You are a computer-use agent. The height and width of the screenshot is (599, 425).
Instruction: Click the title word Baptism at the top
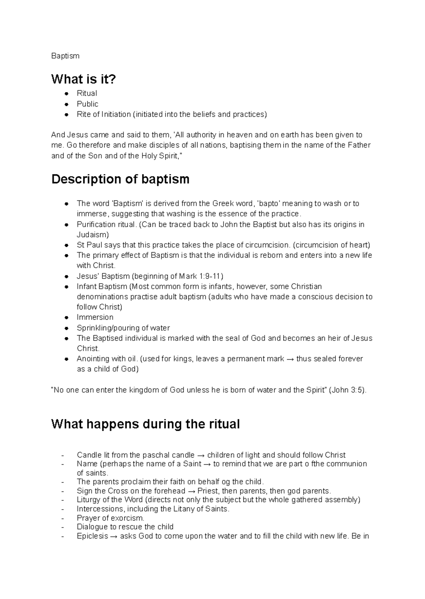65,56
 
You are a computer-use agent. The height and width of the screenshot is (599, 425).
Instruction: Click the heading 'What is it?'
84,79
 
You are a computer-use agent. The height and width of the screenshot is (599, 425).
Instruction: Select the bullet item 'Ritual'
87,93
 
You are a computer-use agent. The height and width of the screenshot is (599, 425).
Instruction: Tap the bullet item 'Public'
87,104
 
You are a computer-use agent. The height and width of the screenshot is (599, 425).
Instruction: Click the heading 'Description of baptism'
120,179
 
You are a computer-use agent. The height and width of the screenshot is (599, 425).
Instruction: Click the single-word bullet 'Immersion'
95,317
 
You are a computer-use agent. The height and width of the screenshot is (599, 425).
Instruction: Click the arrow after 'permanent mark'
290,359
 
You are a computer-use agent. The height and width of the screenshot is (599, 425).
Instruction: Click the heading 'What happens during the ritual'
146,424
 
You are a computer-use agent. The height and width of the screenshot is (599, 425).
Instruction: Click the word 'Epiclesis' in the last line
92,536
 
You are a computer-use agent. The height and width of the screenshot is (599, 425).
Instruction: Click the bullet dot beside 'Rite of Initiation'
66,115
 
